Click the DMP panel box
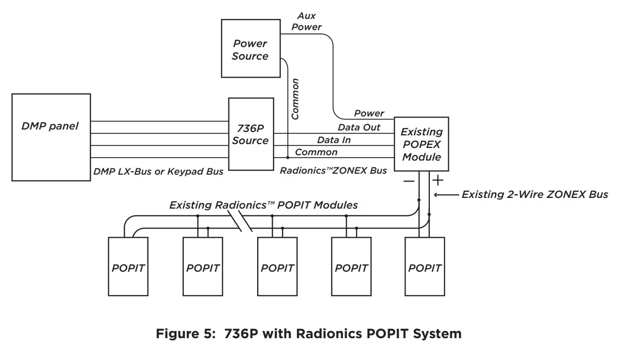tap(51, 137)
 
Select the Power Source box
tap(250, 49)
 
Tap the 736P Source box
tap(250, 134)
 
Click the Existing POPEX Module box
tap(421, 144)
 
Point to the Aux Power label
tap(307, 22)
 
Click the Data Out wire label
tap(359, 128)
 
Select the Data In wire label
tap(334, 140)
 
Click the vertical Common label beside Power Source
tap(295, 99)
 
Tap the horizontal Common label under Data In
tap(316, 152)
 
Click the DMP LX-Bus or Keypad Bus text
tap(158, 171)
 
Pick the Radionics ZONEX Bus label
tap(333, 171)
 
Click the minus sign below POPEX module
tap(409, 181)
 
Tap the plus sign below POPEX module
tap(438, 181)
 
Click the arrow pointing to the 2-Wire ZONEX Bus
tap(445, 195)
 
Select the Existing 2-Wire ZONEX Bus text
tap(535, 195)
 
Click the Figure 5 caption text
tap(309, 334)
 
